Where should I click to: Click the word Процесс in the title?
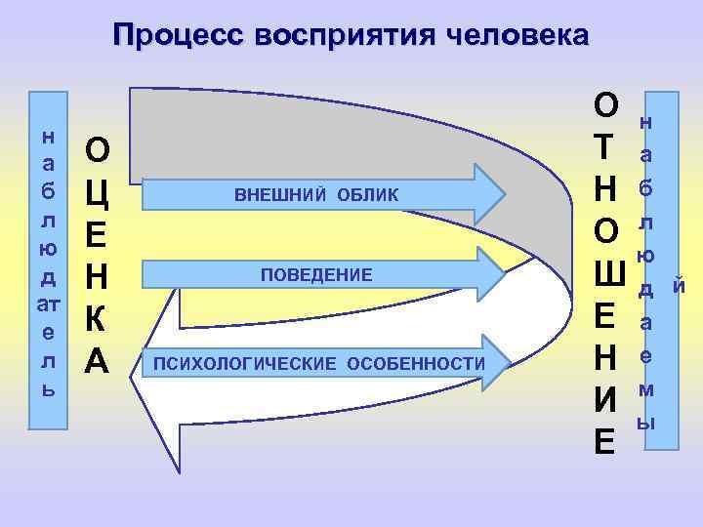point(177,36)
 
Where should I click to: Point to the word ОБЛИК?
point(369,195)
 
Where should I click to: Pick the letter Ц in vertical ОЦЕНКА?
point(98,191)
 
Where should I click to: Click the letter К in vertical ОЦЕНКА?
point(98,319)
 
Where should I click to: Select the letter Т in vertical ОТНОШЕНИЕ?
point(605,146)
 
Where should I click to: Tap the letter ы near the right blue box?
point(645,423)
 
